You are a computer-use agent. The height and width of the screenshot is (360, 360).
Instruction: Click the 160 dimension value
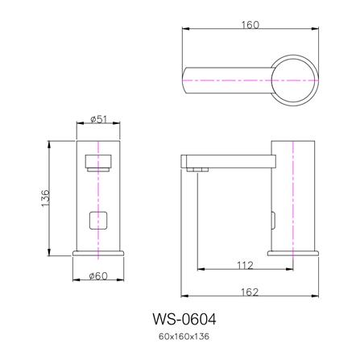250,25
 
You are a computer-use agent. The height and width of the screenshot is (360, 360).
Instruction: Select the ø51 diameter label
98,119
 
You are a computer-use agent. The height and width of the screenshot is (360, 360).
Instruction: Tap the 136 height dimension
45,198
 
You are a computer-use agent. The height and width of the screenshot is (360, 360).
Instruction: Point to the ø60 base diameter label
98,275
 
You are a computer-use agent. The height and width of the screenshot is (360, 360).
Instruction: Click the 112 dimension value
245,265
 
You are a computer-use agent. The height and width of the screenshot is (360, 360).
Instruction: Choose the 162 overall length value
250,292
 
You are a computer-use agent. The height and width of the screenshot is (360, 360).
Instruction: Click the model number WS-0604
184,320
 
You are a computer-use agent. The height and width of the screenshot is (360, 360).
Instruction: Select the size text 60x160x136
184,337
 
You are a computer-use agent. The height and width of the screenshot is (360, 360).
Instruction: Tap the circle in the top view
295,56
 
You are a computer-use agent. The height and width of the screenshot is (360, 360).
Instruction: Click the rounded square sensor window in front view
98,220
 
